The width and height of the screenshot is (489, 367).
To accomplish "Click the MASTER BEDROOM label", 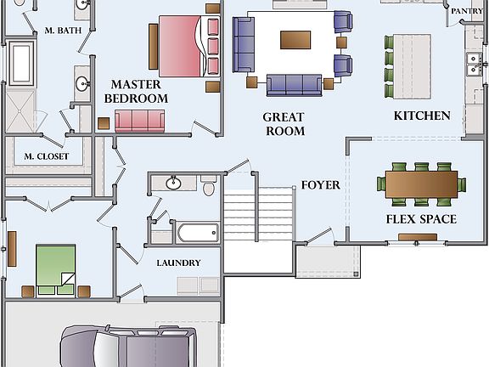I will click(136, 92).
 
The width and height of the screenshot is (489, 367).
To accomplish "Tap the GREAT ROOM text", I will click(284, 124).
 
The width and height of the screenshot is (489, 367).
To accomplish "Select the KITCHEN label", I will click(422, 116).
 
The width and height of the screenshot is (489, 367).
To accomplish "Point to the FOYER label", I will click(320, 185).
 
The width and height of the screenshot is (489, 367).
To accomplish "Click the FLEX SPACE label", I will click(421, 219).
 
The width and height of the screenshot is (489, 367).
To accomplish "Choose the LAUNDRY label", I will click(178, 263).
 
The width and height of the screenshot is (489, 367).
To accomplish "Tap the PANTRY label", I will click(467, 11).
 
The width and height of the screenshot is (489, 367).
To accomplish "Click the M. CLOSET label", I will click(46, 156).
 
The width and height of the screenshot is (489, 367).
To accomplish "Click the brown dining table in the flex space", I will click(421, 184).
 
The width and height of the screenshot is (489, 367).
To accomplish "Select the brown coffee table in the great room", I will click(295, 40).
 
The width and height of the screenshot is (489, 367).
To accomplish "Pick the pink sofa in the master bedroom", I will click(139, 121).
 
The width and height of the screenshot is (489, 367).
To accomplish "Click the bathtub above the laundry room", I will click(197, 233).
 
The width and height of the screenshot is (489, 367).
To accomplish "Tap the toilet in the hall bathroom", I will click(208, 185).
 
